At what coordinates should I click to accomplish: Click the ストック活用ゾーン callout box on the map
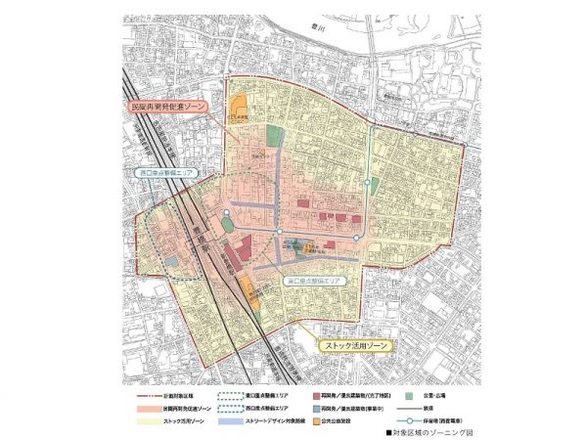pyautogui.click(x=355, y=346)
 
